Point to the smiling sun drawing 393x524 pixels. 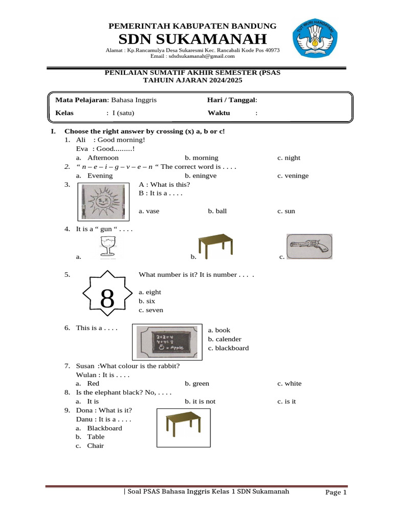pos(104,201)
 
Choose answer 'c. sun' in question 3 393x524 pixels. pos(286,211)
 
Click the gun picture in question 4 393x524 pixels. pos(309,247)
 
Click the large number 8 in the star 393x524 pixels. pos(107,298)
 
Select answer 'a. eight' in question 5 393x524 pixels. pos(150,292)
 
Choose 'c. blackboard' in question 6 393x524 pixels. pos(228,348)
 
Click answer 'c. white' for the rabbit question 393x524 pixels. pos(290,383)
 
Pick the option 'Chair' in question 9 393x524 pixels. pos(95,446)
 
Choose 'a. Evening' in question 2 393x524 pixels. pos(100,176)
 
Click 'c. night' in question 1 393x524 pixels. pos(289,158)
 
